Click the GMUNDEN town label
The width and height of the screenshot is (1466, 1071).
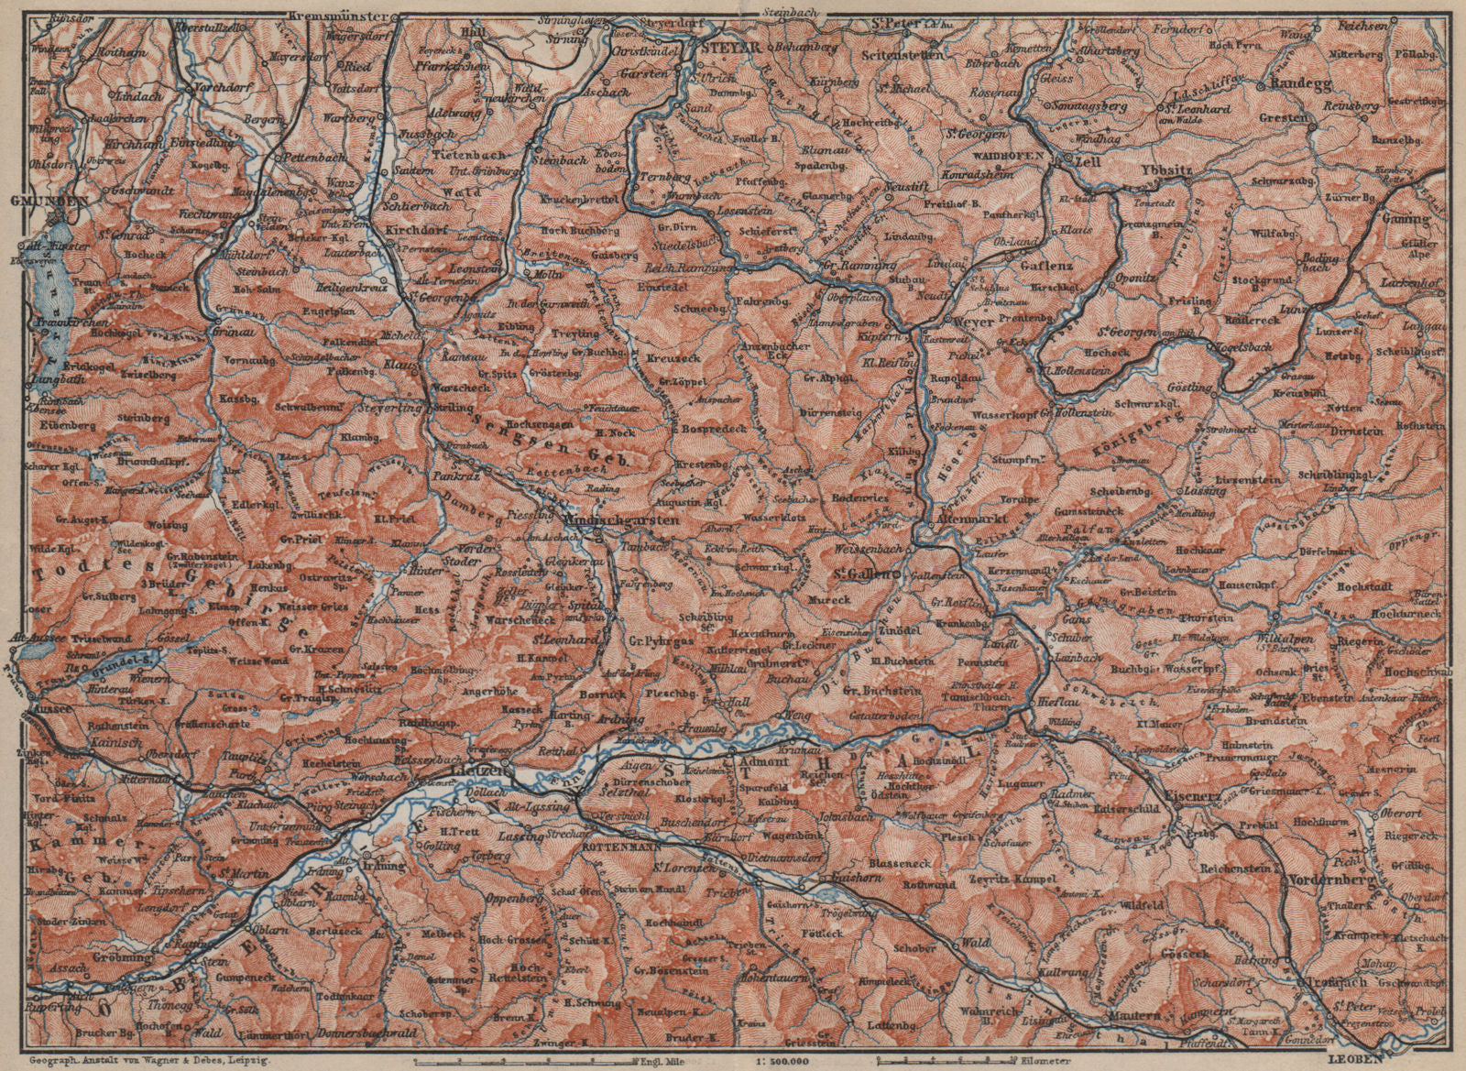29,199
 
